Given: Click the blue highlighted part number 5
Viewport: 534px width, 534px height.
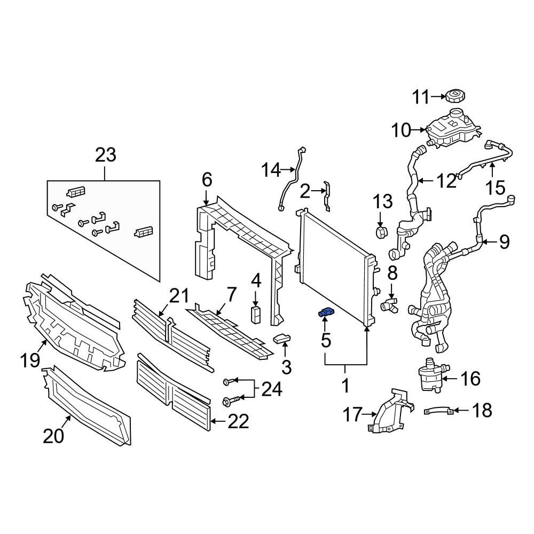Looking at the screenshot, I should (325, 313).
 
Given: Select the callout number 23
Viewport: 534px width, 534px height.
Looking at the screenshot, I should (105, 155).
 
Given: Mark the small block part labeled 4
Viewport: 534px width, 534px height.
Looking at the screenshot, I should (256, 315).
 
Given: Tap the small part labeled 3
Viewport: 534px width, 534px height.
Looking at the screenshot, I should (281, 338).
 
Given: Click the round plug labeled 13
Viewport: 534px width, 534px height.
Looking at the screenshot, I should (381, 232).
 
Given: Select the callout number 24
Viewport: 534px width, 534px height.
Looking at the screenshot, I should (271, 390).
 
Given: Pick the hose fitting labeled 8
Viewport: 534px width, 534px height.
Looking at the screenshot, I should (390, 305).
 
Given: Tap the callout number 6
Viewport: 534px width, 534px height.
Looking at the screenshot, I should (207, 179).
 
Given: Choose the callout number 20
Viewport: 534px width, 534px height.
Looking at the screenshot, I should (53, 436).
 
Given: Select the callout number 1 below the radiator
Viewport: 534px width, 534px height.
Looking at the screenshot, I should (345, 384).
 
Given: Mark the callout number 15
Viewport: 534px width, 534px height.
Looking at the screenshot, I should (494, 187).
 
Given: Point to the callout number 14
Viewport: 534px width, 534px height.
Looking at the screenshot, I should (271, 170).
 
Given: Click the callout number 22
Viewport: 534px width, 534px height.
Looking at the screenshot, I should (238, 422).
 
